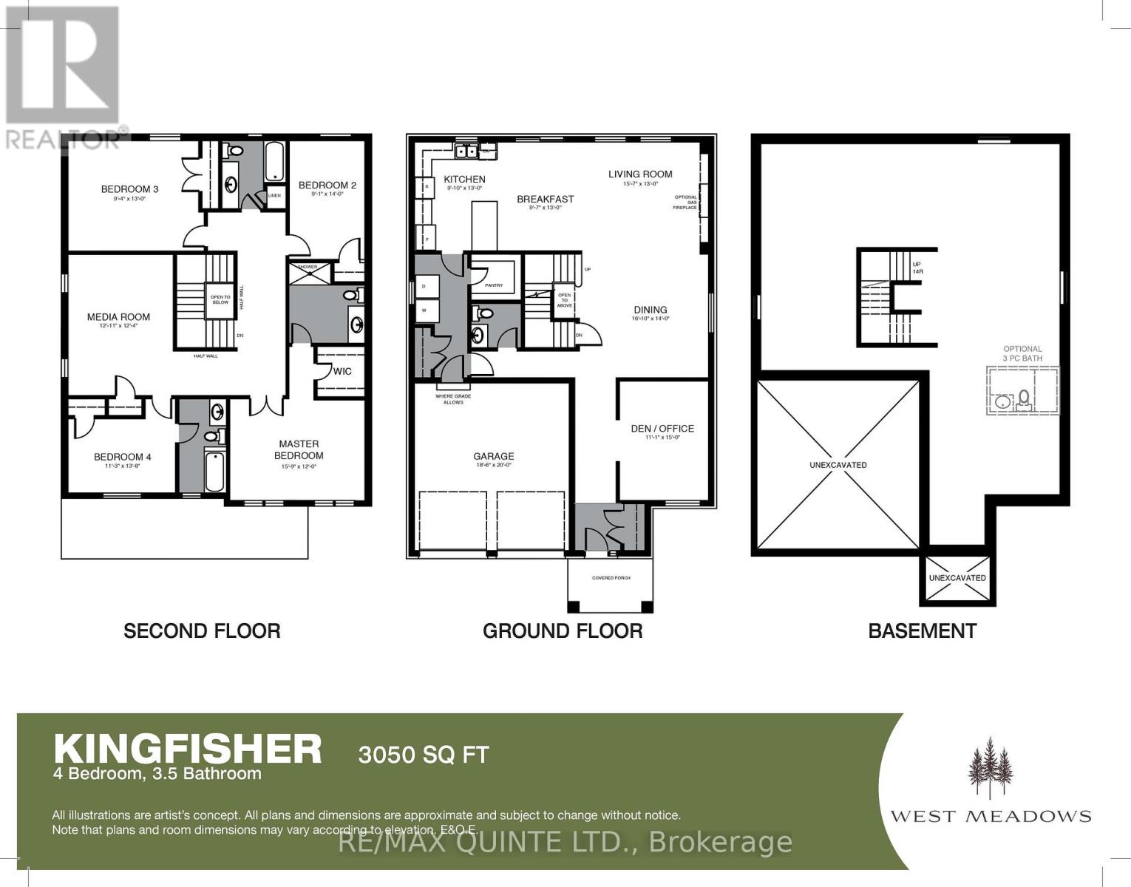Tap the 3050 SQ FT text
[x=424, y=755]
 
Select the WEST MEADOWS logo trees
[x=990, y=769]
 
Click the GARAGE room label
[x=494, y=457]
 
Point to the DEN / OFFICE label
[x=662, y=429]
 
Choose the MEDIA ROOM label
[x=118, y=317]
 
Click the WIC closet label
[x=342, y=371]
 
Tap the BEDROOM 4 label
[x=123, y=457]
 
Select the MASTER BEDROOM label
[x=299, y=449]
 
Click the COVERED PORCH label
[x=611, y=577]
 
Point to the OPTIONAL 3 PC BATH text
[x=1022, y=353]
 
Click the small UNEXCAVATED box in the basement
[x=957, y=578]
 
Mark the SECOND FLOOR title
[x=202, y=631]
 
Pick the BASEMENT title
[x=922, y=631]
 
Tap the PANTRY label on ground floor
[x=494, y=285]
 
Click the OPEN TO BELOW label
[x=220, y=299]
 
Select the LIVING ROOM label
[x=640, y=174]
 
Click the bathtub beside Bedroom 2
[x=274, y=162]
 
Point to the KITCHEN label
[x=464, y=180]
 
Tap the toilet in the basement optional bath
[x=1024, y=398]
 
